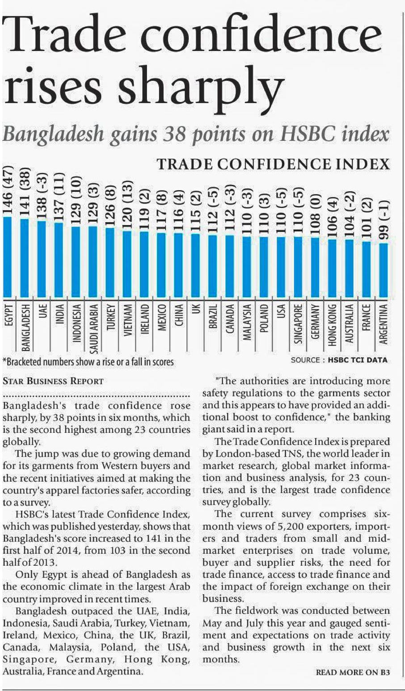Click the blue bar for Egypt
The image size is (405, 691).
coord(8,257)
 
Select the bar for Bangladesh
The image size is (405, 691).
coord(25,258)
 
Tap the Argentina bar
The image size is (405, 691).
coord(383,270)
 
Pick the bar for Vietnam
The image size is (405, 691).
coord(127,264)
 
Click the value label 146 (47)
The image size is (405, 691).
coord(8,190)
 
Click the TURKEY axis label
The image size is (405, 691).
coord(111,318)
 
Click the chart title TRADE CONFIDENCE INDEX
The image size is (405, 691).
coord(273,164)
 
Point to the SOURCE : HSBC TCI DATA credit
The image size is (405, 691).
coord(339,360)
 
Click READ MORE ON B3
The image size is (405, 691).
coord(353,672)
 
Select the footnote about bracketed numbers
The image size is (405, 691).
coord(88,361)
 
